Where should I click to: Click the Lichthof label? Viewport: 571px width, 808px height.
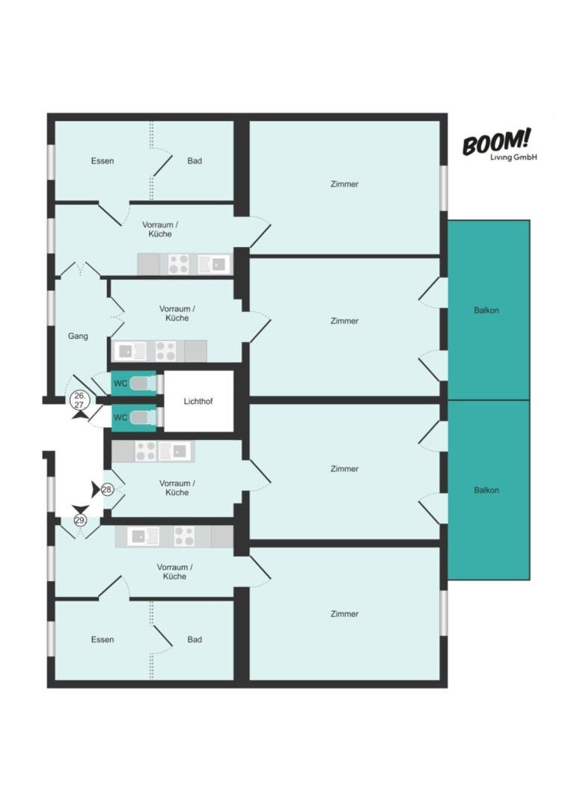pyautogui.click(x=198, y=402)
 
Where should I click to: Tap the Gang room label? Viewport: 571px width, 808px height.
pyautogui.click(x=78, y=336)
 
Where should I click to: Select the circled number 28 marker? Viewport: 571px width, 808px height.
pyautogui.click(x=107, y=489)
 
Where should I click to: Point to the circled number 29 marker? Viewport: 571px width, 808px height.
pyautogui.click(x=80, y=521)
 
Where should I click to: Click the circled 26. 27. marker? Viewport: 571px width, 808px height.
pyautogui.click(x=80, y=400)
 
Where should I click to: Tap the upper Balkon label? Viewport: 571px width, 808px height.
pyautogui.click(x=486, y=310)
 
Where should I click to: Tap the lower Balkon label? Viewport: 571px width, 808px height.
pyautogui.click(x=486, y=490)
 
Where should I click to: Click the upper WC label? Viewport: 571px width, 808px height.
pyautogui.click(x=120, y=383)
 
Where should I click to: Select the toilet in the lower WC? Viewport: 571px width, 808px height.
pyautogui.click(x=143, y=417)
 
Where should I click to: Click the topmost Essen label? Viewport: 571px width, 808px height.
pyautogui.click(x=103, y=161)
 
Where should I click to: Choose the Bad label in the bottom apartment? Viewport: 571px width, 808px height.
pyautogui.click(x=195, y=640)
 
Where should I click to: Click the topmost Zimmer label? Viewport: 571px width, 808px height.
pyautogui.click(x=344, y=184)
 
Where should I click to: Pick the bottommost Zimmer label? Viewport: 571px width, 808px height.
pyautogui.click(x=344, y=613)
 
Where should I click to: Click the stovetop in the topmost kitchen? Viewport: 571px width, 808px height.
pyautogui.click(x=179, y=264)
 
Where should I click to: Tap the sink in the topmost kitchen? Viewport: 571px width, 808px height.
pyautogui.click(x=213, y=264)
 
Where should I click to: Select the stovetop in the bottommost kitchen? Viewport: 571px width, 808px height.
pyautogui.click(x=184, y=536)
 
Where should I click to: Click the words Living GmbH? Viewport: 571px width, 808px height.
pyautogui.click(x=513, y=157)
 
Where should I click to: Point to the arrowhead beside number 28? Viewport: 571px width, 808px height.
pyautogui.click(x=95, y=489)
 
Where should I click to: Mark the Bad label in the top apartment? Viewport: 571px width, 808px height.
pyautogui.click(x=195, y=161)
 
